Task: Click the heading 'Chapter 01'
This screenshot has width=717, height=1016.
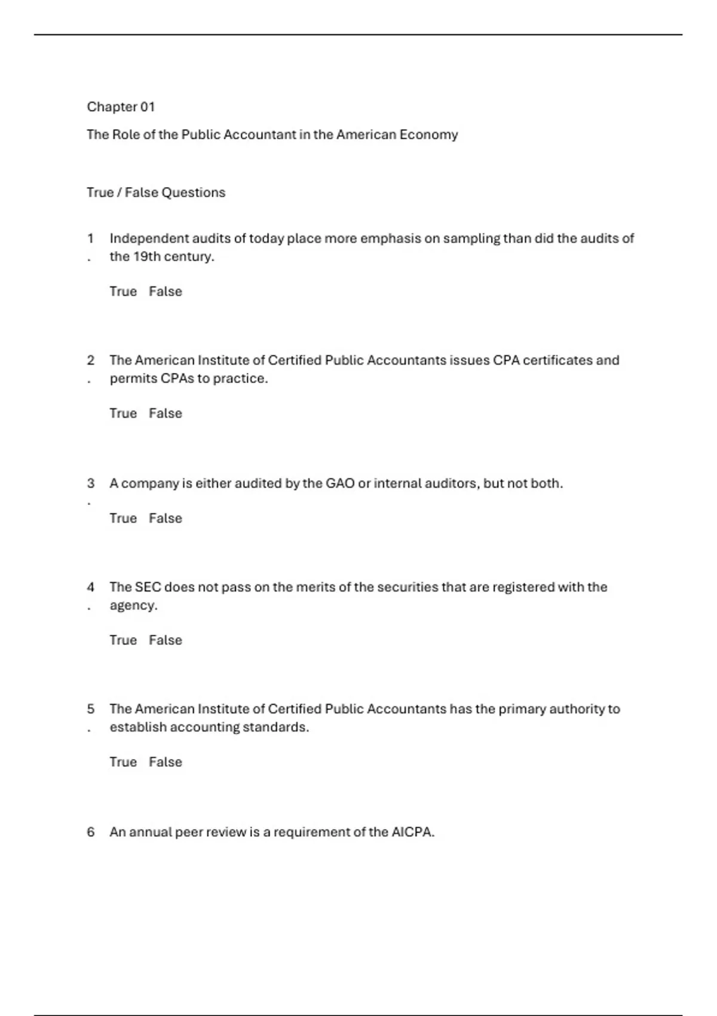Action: click(x=121, y=107)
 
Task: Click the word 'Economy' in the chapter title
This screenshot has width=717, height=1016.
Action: click(x=428, y=134)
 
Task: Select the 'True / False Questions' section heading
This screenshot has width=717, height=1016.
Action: click(x=156, y=192)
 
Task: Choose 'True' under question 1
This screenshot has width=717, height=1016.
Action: click(x=123, y=292)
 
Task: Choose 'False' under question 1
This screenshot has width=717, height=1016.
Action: click(x=166, y=292)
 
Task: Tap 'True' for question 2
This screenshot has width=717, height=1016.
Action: click(x=123, y=414)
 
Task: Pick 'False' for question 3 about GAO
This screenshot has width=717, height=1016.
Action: click(x=166, y=518)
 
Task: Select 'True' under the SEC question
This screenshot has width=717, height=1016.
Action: click(x=123, y=640)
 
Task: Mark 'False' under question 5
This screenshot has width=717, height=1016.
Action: click(x=166, y=762)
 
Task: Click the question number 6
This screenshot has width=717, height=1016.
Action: click(x=91, y=832)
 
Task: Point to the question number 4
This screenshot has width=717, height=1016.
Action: click(x=91, y=587)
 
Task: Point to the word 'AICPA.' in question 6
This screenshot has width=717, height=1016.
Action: click(x=413, y=832)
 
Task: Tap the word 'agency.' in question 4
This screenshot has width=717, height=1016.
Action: click(x=134, y=605)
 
